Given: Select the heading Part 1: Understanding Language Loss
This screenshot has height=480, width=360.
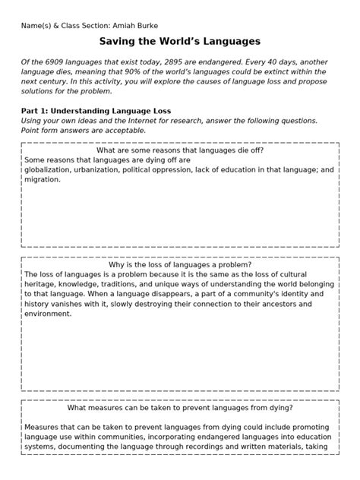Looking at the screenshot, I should pyautogui.click(x=96, y=110).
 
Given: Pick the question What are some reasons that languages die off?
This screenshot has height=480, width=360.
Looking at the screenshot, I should pyautogui.click(x=180, y=150).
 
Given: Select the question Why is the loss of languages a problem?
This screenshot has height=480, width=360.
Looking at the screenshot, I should pyautogui.click(x=180, y=264).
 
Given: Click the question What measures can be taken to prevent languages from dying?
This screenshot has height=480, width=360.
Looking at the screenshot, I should pyautogui.click(x=180, y=407).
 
